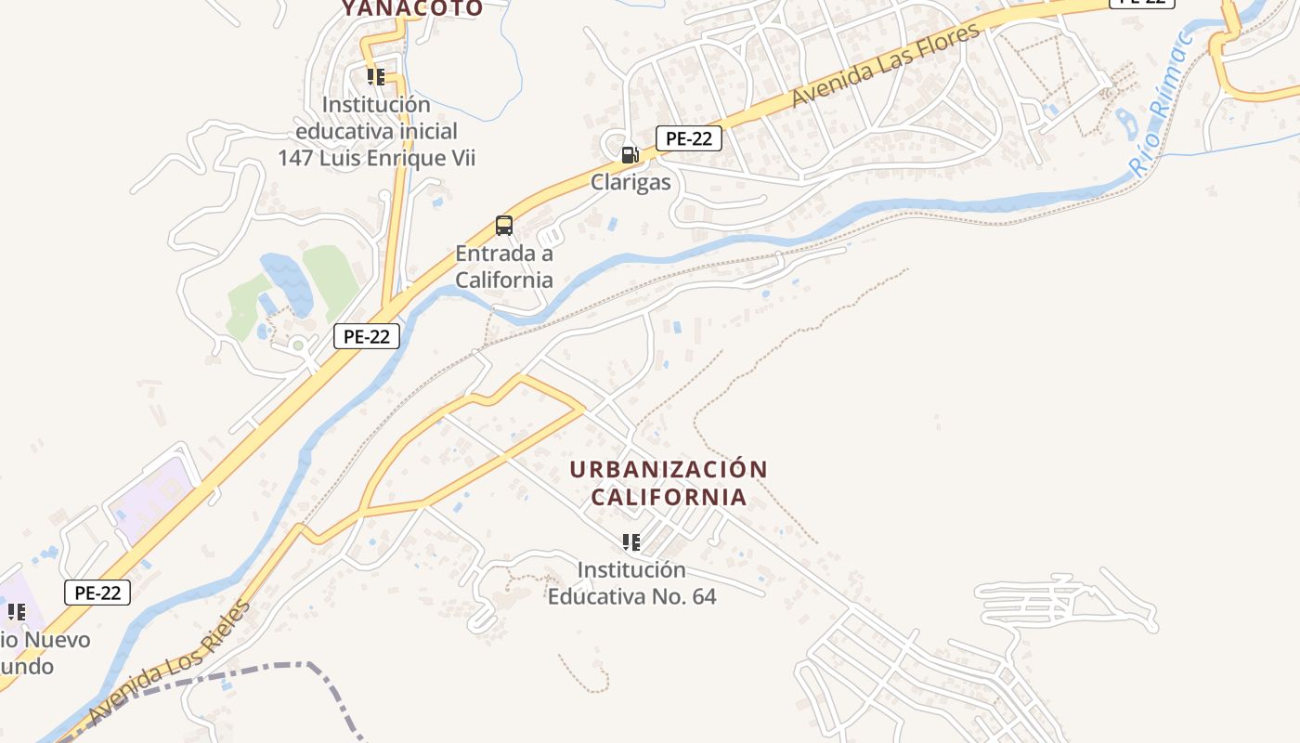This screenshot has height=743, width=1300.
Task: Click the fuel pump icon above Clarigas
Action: (630, 155)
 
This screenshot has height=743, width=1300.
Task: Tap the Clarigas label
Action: (630, 182)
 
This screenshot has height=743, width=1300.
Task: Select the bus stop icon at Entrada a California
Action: (503, 226)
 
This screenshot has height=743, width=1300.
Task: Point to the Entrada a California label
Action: (504, 267)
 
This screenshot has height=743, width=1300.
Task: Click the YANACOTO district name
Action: (411, 9)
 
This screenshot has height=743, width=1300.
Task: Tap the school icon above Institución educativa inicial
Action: (375, 77)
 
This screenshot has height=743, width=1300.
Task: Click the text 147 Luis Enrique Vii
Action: (376, 158)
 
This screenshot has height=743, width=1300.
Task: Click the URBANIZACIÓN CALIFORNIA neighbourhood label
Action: (669, 483)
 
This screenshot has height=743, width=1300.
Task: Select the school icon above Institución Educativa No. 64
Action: (631, 542)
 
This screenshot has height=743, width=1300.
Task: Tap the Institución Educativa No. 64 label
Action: (631, 582)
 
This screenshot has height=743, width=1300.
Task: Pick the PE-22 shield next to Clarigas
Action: (689, 139)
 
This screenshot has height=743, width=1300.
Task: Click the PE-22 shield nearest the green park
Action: (366, 336)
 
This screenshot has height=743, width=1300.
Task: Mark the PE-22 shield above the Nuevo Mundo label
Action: (97, 593)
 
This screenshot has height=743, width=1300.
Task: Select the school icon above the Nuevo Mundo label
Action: (17, 612)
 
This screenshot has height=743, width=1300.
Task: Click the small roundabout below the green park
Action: (298, 346)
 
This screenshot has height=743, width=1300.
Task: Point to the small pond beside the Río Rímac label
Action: (1126, 122)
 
